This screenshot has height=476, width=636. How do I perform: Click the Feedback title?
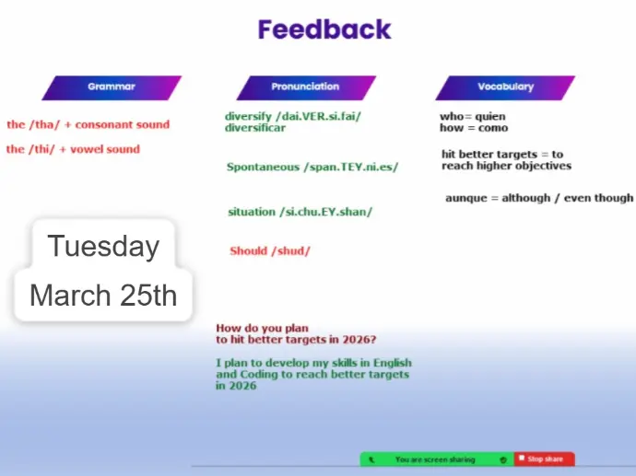point(324,29)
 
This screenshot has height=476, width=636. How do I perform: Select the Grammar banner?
point(112,87)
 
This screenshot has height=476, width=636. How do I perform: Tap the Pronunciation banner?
point(306,87)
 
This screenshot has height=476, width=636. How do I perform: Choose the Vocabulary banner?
point(505,87)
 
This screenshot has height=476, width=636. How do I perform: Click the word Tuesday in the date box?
point(103,246)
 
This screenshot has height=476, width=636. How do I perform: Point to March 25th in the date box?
point(103,295)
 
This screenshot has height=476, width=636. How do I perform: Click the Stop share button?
point(545,459)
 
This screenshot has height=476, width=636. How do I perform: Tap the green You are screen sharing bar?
point(437,459)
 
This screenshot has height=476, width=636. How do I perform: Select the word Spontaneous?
point(263,167)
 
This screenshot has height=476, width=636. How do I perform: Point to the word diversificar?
point(255,128)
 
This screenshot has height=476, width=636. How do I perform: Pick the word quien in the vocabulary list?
point(490,117)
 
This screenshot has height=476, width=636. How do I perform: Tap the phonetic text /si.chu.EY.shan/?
point(325,212)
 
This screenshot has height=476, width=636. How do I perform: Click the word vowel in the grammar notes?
point(85,149)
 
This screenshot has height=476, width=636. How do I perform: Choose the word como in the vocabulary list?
point(493,128)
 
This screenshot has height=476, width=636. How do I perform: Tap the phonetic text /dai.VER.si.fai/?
point(318,117)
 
